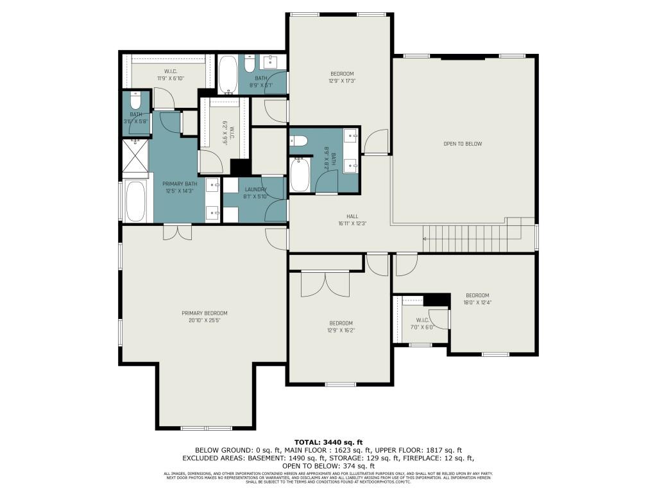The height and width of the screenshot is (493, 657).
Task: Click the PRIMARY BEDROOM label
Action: pyautogui.click(x=204, y=313)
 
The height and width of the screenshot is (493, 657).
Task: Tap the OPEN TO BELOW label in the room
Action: pyautogui.click(x=462, y=144)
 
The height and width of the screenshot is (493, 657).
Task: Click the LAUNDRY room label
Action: pyautogui.click(x=255, y=189)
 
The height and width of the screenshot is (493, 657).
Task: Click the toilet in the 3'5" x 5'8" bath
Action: pyautogui.click(x=135, y=101)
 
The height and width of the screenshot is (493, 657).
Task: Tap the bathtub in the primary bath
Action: pyautogui.click(x=136, y=202)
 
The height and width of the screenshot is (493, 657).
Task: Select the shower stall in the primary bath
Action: pyautogui.click(x=135, y=158)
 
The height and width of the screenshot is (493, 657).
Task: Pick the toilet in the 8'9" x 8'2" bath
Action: pyautogui.click(x=300, y=142)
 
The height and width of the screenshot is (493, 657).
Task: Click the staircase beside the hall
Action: pyautogui.click(x=467, y=238)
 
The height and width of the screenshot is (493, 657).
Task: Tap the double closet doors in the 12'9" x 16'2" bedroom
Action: pyautogui.click(x=326, y=283)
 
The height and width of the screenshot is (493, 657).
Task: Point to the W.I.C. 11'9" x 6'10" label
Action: pyautogui.click(x=171, y=74)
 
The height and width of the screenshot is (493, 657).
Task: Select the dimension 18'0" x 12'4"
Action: pyautogui.click(x=477, y=302)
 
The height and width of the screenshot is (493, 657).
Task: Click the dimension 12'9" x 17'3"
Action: pyautogui.click(x=342, y=81)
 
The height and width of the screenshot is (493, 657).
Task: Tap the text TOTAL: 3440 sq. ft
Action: pyautogui.click(x=328, y=442)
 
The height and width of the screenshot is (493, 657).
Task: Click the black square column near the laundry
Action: pyautogui.click(x=239, y=166)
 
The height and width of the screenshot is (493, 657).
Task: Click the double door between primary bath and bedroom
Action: pyautogui.click(x=177, y=232)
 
